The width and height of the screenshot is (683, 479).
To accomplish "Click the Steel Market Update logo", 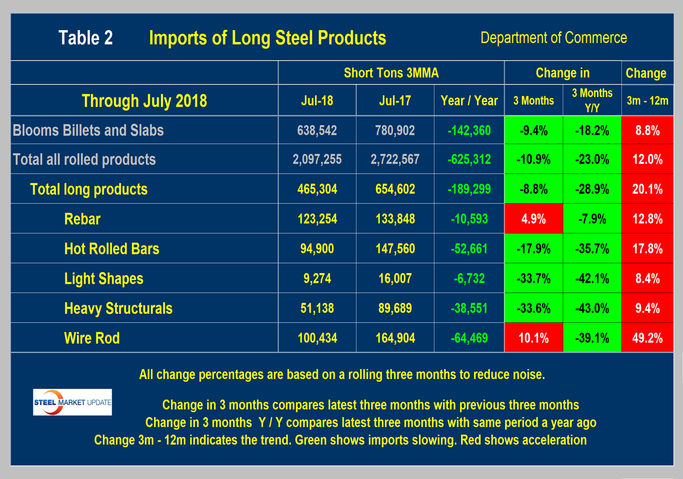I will pos(73,402).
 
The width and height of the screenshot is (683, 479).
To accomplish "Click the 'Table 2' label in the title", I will pos(86,38).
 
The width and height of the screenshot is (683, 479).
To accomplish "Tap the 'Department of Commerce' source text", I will pos(553,38).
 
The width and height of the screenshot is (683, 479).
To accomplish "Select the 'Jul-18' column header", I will pos(317,101).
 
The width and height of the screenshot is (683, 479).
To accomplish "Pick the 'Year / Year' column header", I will pos(469,101).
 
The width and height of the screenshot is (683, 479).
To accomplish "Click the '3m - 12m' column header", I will pos(647,101).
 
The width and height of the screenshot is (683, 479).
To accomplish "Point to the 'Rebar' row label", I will pos(82,219).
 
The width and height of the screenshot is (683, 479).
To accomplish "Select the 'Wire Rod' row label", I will pos(92,338).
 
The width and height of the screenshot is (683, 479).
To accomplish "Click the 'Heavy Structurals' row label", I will pos(118,308).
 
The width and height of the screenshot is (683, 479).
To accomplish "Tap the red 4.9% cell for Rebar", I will pos(534,219).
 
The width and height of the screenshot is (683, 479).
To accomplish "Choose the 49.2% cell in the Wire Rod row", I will pos(647,338).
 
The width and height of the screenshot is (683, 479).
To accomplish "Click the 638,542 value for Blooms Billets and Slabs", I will pos(317,131).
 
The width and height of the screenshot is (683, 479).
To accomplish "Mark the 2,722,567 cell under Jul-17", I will pos(395,160).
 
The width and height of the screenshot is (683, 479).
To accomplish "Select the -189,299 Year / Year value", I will pos(469,189).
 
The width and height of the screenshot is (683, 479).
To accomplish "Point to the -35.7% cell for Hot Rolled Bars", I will pos(592,249).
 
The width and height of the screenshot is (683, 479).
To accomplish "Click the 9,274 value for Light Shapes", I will pos(317,278).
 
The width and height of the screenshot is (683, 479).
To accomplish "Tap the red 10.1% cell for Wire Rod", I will pos(534,338).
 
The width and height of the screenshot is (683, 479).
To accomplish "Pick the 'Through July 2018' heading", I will pos(144,101).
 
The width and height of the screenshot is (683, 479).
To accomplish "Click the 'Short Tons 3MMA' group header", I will pos(391,73).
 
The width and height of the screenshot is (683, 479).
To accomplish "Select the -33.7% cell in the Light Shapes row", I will pos(534,278).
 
